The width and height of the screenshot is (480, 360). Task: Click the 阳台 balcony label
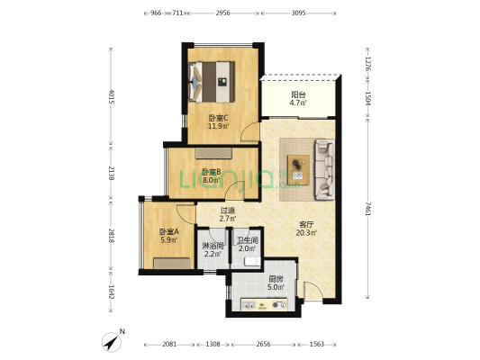pos(298,94)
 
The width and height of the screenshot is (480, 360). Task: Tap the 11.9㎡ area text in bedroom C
pos(218,126)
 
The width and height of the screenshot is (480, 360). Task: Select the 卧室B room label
pos(212,172)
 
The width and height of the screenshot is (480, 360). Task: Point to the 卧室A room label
pos(168,232)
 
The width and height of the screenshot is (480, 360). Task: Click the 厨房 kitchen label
pos(276,279)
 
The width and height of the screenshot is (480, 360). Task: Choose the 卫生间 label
pos(247,241)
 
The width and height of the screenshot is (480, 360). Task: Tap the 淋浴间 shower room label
pos(213,246)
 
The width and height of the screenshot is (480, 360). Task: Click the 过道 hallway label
pos(228,211)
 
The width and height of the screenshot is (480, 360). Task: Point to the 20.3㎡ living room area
pos(306,233)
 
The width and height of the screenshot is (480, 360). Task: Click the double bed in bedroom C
pos(212,82)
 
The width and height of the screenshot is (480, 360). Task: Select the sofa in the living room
pos(325,169)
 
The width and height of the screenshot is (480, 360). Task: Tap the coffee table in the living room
pos(298,170)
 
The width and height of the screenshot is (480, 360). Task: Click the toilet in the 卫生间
pos(252,262)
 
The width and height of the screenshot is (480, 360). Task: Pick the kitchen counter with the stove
pos(264,304)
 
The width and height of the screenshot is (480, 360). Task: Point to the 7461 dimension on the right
pos(368,209)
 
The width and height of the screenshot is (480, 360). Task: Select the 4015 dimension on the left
pos(112,96)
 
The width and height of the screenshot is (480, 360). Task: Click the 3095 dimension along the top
pos(298,13)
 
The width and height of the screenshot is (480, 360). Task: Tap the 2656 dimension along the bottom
pos(263,344)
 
